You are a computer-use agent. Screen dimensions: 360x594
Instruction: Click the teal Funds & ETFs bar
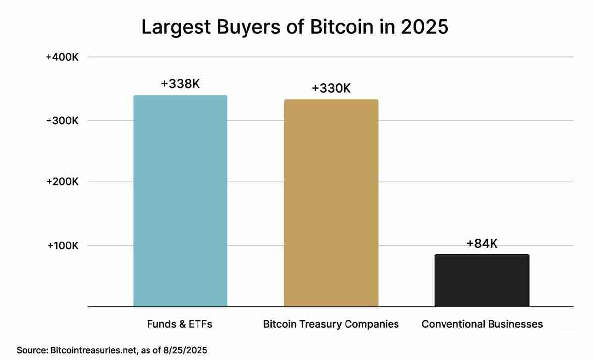[180, 201]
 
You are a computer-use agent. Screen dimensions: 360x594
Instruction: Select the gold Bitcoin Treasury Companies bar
[331, 203]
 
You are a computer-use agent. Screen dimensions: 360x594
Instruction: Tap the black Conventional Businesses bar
[482, 280]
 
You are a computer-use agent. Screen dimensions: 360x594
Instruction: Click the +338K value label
[180, 84]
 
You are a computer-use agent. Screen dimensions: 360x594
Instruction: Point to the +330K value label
[331, 88]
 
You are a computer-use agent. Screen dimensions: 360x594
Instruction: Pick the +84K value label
[482, 243]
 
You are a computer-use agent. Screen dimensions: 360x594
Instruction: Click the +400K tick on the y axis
[62, 57]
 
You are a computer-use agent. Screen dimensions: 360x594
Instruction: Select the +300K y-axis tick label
[62, 121]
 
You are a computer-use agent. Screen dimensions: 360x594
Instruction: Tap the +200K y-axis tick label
[62, 182]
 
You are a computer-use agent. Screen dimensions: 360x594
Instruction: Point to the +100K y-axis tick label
[62, 245]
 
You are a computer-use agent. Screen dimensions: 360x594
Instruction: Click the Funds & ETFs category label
[180, 324]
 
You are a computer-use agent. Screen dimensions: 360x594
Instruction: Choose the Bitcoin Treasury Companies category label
[331, 324]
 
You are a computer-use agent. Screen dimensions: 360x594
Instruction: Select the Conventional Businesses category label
[482, 324]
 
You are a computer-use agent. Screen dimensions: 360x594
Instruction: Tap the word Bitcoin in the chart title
[341, 27]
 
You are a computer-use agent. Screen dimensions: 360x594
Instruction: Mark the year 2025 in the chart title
[424, 27]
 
